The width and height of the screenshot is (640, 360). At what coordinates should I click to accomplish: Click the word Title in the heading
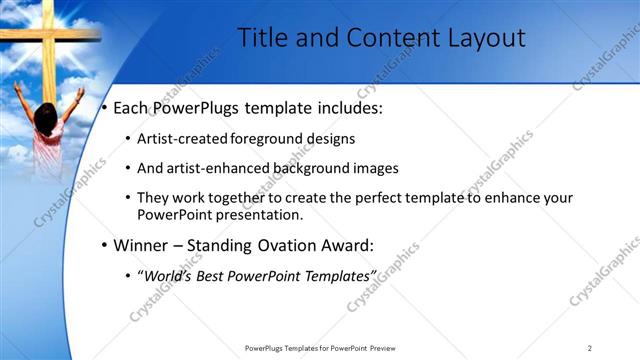tap(261, 38)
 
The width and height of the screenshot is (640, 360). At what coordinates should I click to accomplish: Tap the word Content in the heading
tap(384, 38)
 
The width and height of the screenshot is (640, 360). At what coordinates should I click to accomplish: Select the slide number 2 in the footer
tap(590, 348)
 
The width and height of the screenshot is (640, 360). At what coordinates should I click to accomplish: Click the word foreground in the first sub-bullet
tap(270, 138)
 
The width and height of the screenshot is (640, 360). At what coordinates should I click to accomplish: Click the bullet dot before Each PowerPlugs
tap(104, 107)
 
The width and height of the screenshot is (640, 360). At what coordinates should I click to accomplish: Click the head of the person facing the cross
tap(45, 111)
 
